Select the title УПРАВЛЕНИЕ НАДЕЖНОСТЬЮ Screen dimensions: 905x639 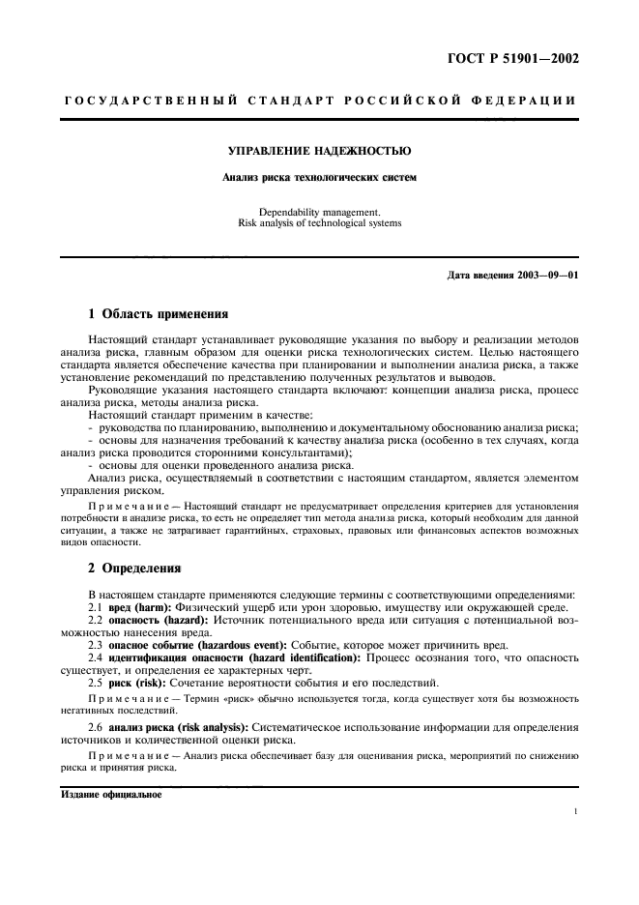(x=319, y=152)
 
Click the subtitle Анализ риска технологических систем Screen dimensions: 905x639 (x=319, y=177)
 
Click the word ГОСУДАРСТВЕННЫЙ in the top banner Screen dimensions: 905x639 (x=130, y=101)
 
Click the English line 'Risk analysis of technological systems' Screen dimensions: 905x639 (x=319, y=221)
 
